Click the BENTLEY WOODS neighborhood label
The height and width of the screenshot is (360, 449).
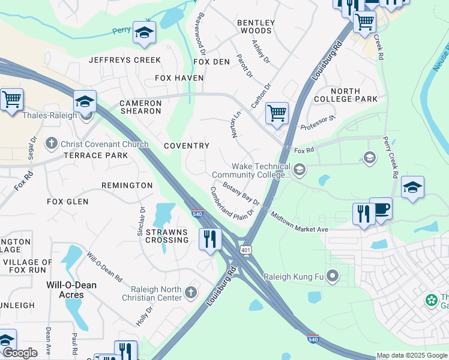pyautogui.click(x=256, y=26)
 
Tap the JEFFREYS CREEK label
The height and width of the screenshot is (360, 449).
pyautogui.click(x=125, y=60)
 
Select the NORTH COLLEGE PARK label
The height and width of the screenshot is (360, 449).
pyautogui.click(x=354, y=95)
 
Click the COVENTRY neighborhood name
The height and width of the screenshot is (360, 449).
pyautogui.click(x=187, y=146)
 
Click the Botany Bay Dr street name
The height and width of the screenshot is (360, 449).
pyautogui.click(x=240, y=193)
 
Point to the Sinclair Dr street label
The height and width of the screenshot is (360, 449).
pyautogui.click(x=142, y=221)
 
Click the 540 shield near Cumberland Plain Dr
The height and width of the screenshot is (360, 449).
pyautogui.click(x=197, y=214)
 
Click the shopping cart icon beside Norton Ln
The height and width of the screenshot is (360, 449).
pyautogui.click(x=277, y=112)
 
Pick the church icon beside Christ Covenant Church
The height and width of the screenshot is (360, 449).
pyautogui.click(x=52, y=144)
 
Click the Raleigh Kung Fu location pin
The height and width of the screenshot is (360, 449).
pyautogui.click(x=333, y=277)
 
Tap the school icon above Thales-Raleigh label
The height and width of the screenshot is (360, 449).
pyautogui.click(x=85, y=102)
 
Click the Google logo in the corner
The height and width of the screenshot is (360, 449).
pyautogui.click(x=19, y=353)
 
